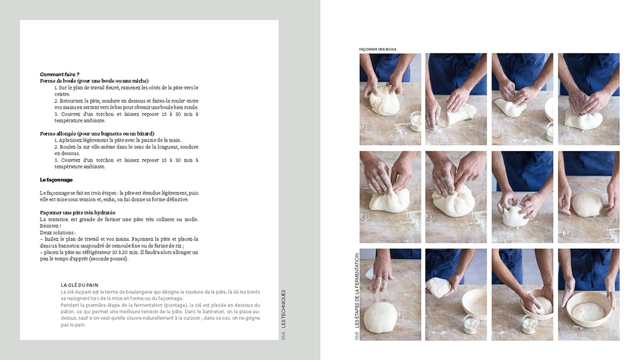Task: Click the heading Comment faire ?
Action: (60, 75)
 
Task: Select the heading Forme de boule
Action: (94, 81)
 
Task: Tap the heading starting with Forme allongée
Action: (97, 133)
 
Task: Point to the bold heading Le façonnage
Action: (56, 180)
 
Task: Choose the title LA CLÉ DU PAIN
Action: (79, 285)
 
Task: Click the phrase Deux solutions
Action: (58, 233)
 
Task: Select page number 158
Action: (283, 335)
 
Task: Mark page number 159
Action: (357, 335)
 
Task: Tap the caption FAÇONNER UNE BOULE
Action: (378, 50)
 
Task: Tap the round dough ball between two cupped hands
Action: (587, 204)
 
